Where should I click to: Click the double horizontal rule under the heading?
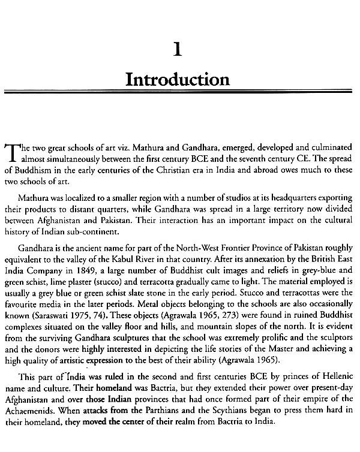[x=178, y=93]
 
